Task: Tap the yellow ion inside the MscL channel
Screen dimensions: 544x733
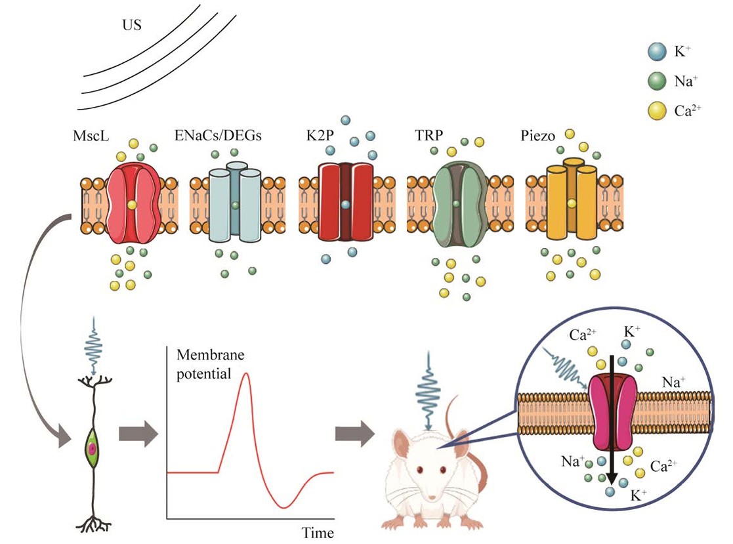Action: click(x=132, y=205)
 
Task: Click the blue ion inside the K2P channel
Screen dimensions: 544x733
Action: click(x=345, y=205)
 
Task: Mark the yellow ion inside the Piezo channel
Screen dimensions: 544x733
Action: click(x=572, y=204)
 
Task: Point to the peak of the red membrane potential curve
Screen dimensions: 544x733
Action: click(x=246, y=373)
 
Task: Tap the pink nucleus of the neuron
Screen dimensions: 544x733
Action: click(x=93, y=448)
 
